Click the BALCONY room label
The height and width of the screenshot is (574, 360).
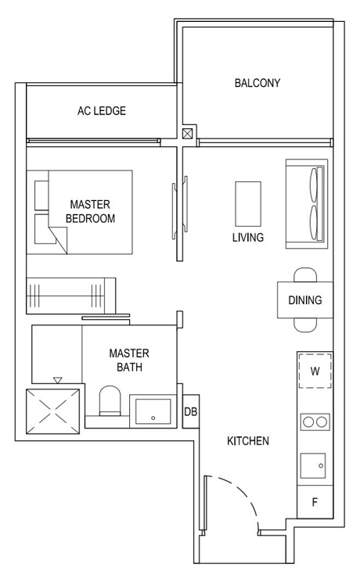click(257, 83)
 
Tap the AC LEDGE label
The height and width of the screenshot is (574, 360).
click(101, 111)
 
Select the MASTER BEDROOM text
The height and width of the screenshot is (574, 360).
click(90, 211)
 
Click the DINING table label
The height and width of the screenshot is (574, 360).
click(304, 300)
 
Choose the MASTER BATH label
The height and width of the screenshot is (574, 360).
click(129, 360)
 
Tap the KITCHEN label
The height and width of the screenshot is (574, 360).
click(248, 441)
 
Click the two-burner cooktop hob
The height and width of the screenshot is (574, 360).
click(315, 422)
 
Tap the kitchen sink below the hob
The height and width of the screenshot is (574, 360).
click(315, 466)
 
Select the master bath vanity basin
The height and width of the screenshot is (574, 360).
click(152, 409)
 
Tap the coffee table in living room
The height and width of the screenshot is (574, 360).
click(248, 203)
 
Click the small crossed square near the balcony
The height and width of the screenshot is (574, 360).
click(187, 134)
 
